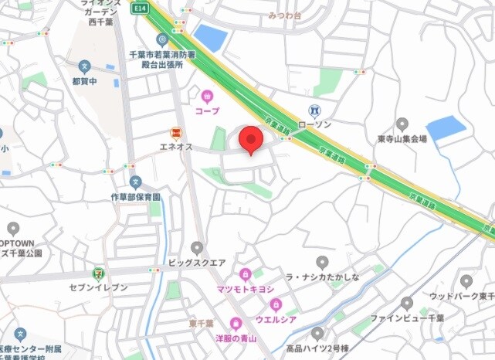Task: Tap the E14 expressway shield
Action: (140, 7)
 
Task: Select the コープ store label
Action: (207, 111)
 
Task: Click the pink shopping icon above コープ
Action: (207, 97)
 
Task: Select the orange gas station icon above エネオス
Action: (175, 133)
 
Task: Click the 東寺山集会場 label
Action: (402, 139)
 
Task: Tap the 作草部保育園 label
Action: (135, 198)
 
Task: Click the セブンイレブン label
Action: (97, 288)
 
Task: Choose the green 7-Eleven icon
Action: (97, 273)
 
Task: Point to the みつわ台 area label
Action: (285, 15)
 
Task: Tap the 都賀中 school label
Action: (83, 80)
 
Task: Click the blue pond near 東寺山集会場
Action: (446, 127)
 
